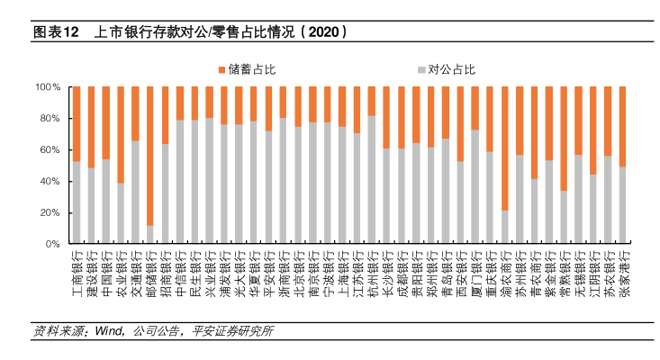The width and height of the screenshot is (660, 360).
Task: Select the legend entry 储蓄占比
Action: pyautogui.click(x=243, y=68)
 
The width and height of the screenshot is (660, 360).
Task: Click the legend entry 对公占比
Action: pyautogui.click(x=450, y=68)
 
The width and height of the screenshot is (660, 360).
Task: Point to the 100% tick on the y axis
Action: pyautogui.click(x=48, y=87)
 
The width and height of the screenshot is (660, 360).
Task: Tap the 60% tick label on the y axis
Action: pyautogui.click(x=50, y=150)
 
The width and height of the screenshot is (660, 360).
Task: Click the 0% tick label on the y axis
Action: pyautogui.click(x=52, y=244)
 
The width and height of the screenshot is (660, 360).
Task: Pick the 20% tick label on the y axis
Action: pyautogui.click(x=50, y=212)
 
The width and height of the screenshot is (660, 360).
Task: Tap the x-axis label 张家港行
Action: pyautogui.click(x=622, y=271)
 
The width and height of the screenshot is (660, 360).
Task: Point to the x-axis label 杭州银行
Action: pyautogui.click(x=372, y=271)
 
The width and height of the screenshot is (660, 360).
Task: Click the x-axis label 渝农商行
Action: pyautogui.click(x=504, y=271)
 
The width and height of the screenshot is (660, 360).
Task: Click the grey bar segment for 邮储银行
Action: pyautogui.click(x=150, y=235)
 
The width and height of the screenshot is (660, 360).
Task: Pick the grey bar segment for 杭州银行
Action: pyautogui.click(x=371, y=180)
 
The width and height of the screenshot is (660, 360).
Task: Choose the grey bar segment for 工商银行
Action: pyautogui.click(x=77, y=202)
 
